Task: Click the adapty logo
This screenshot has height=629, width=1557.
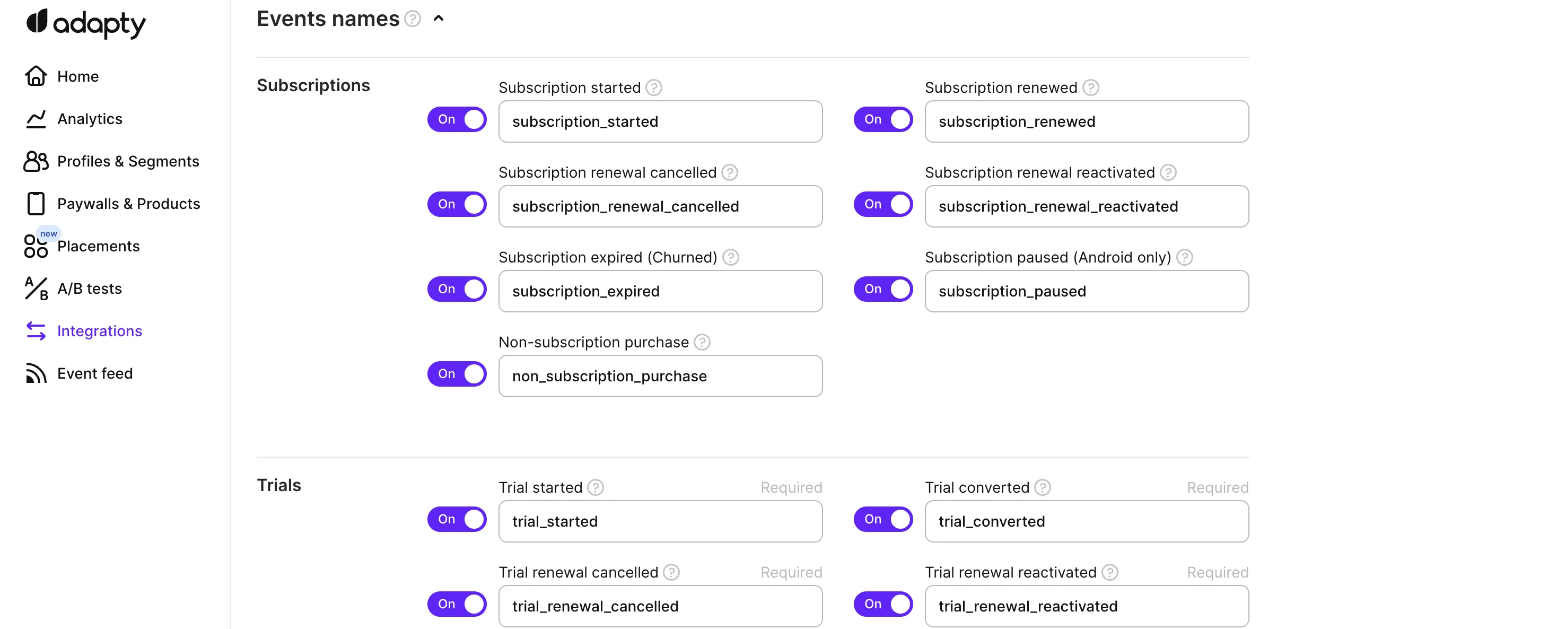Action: click(x=86, y=23)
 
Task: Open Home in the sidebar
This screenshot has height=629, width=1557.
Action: click(x=77, y=76)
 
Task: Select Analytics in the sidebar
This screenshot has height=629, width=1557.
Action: click(x=90, y=119)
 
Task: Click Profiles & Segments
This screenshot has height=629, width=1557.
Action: click(x=127, y=161)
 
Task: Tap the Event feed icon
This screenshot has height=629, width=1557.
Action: click(x=36, y=373)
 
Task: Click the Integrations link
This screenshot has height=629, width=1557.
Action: click(x=99, y=331)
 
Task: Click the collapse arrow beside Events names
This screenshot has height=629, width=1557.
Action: click(x=439, y=19)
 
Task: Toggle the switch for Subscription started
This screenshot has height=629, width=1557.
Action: click(x=457, y=119)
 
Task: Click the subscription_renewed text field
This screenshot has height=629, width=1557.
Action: click(x=1086, y=121)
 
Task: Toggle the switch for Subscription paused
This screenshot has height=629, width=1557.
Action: click(x=883, y=289)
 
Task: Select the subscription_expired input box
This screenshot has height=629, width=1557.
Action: click(x=660, y=291)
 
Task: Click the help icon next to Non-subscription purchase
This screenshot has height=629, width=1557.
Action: click(x=702, y=342)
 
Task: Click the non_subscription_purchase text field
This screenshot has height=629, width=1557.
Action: click(x=660, y=376)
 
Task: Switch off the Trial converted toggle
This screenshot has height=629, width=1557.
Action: click(x=883, y=519)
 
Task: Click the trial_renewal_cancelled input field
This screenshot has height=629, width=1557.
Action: click(x=660, y=606)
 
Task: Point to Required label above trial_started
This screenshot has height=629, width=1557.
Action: click(x=791, y=487)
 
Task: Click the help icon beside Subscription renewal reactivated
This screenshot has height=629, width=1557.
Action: click(x=1168, y=172)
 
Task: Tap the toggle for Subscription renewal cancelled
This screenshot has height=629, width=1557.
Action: click(x=457, y=204)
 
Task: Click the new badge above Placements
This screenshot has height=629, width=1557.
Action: click(x=48, y=233)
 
